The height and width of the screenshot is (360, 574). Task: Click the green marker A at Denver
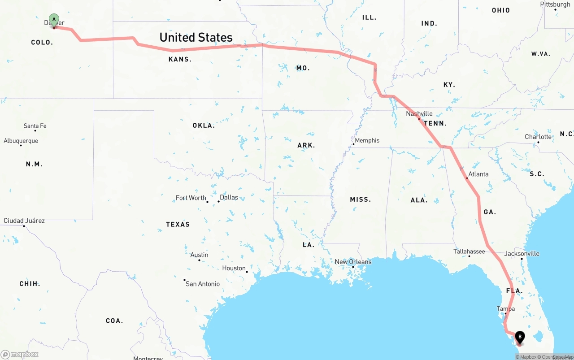tap(54, 20)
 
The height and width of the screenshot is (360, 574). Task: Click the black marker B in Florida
tap(520, 336)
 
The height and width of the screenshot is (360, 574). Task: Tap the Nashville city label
tap(419, 114)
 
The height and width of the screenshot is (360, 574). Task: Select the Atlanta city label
tap(478, 174)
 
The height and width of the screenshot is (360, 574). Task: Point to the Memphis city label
tap(367, 140)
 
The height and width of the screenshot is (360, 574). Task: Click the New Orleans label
tap(353, 262)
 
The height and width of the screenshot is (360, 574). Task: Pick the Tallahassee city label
tap(469, 252)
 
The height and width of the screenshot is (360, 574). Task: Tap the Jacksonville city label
tap(522, 253)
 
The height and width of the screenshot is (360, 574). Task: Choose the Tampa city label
tap(505, 309)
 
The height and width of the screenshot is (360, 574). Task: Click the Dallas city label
tap(229, 197)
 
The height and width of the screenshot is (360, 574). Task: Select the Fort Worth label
tap(191, 198)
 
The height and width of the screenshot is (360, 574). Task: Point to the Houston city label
tap(234, 268)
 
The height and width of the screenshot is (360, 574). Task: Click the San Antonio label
tap(203, 284)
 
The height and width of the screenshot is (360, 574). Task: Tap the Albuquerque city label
tap(21, 141)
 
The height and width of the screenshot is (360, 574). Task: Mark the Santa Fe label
tap(35, 126)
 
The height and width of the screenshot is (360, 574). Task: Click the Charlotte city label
tap(538, 137)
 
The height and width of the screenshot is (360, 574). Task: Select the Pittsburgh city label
tap(555, 4)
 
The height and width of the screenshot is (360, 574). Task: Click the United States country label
tap(196, 37)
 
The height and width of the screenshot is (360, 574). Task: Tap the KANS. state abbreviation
tap(180, 59)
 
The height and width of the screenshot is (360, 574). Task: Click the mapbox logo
tap(20, 354)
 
